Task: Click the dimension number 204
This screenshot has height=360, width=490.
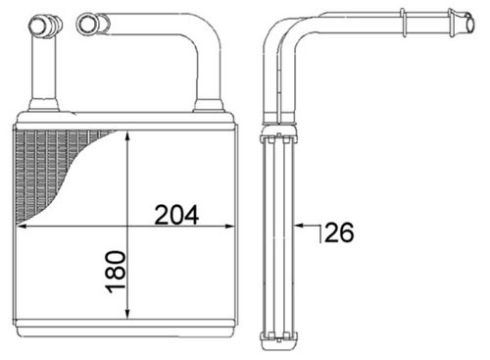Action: coord(176,214)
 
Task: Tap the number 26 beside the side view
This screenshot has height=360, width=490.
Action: coord(338,232)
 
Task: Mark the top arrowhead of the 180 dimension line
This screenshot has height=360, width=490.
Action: coord(128,136)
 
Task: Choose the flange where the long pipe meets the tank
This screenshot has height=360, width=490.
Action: coord(209,105)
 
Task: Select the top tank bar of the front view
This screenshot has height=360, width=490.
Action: coord(125,121)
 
